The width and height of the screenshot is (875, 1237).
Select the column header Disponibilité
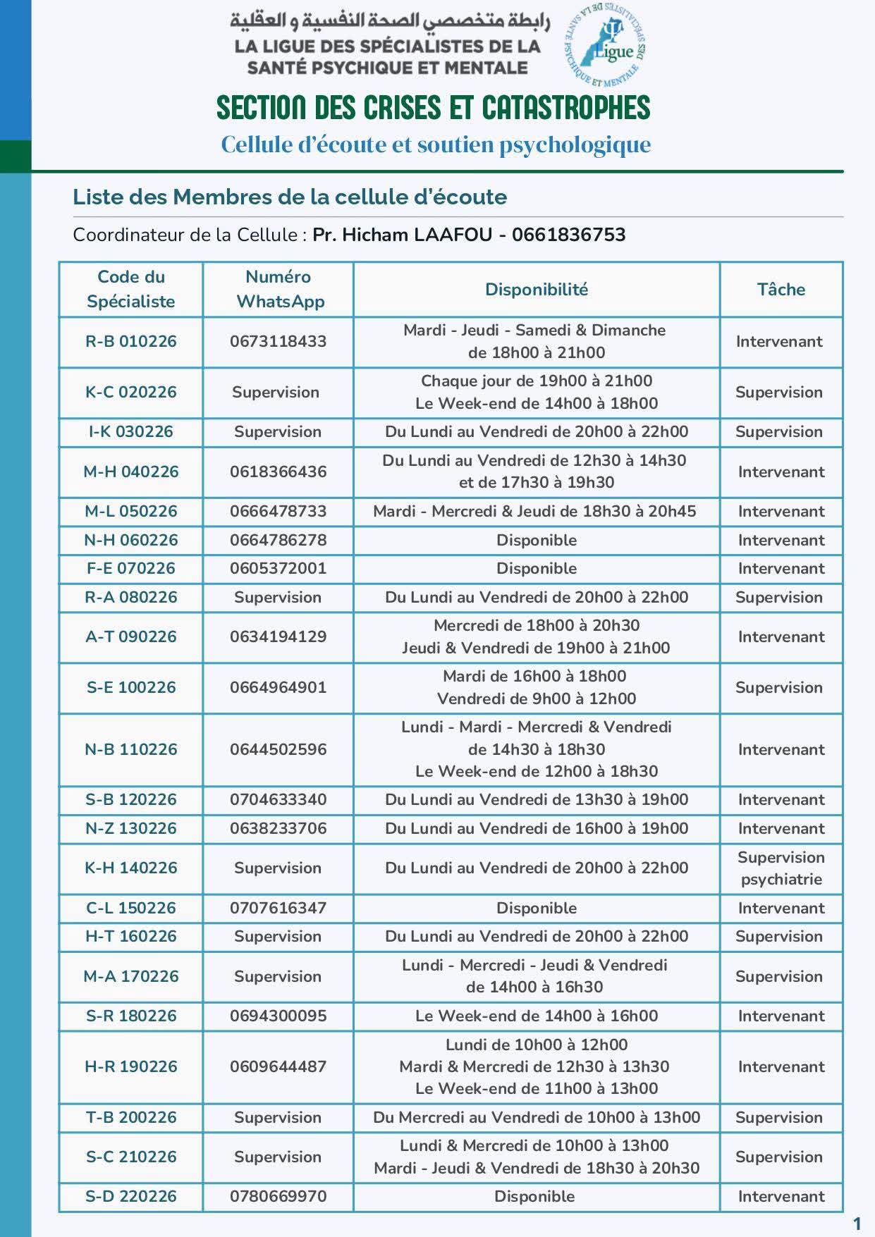(536, 289)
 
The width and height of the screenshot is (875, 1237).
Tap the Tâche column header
(781, 289)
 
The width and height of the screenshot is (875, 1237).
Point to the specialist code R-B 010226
(131, 342)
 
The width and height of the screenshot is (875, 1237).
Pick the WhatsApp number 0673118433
(278, 342)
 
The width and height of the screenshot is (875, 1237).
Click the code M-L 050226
(131, 512)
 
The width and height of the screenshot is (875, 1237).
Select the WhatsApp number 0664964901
(278, 687)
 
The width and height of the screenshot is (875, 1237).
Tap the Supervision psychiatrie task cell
(781, 868)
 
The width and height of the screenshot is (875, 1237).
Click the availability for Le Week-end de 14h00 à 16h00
(536, 1016)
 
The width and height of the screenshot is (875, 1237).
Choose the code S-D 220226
(131, 1196)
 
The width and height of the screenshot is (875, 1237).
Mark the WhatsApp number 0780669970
(278, 1196)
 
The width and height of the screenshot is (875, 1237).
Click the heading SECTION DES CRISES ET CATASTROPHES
(433, 108)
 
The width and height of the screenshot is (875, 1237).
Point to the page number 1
(857, 1223)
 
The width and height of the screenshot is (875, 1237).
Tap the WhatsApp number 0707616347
(278, 908)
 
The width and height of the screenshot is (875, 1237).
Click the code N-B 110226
(131, 749)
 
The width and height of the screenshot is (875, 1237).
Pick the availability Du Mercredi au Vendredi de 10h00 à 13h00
(536, 1117)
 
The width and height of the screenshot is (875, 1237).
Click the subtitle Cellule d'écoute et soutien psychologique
(436, 144)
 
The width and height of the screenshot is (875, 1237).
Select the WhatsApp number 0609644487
(278, 1066)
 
